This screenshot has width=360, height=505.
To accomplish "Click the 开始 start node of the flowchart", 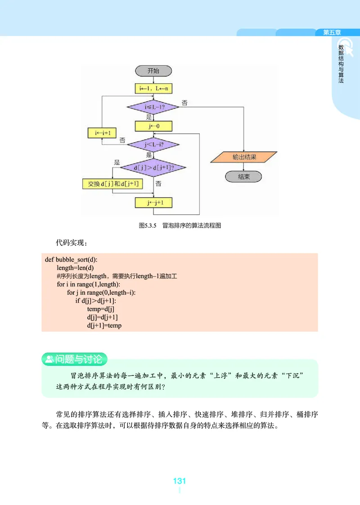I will (153, 71).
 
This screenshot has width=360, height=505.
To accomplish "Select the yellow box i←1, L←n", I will (153, 89).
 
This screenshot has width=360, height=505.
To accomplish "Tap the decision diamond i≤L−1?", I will (153, 108).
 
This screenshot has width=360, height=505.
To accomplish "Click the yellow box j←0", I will (153, 126).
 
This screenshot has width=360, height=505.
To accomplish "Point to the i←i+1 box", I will (103, 133).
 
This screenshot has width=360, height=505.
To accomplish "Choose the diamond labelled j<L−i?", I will (153, 144).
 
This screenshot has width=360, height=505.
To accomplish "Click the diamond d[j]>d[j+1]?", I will (153, 167).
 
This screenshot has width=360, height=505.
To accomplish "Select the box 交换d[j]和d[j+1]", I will (112, 184).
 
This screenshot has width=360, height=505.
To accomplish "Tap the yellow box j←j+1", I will (153, 203).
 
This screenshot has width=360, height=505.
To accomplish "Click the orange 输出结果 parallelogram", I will (244, 157).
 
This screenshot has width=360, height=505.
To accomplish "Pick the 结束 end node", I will (243, 176).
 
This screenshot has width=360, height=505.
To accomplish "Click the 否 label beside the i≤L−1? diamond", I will (184, 103).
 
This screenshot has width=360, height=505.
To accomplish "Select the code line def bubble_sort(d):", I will (71, 260).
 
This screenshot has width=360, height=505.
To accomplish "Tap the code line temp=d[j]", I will (101, 309).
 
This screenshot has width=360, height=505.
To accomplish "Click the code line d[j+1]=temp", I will (104, 325).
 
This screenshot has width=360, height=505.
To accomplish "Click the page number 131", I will (180, 481).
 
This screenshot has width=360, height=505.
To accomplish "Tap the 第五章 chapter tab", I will (332, 32).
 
